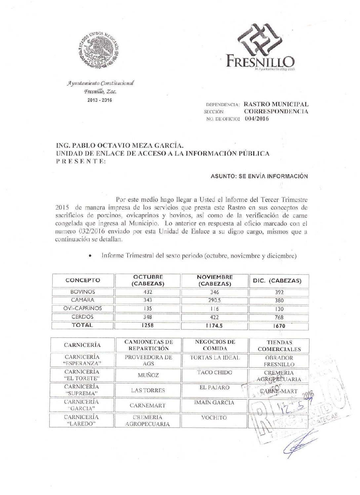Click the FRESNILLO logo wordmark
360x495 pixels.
(260, 61)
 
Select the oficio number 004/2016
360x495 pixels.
(257, 119)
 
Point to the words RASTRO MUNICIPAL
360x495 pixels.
(276, 104)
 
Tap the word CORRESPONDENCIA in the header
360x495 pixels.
(276, 111)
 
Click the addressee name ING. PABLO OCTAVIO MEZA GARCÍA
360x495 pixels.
(119, 145)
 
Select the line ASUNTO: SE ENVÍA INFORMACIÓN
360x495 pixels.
(259, 176)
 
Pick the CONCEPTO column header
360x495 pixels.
(83, 280)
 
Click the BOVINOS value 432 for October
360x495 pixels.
(148, 292)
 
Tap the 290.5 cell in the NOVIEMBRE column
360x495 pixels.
(214, 300)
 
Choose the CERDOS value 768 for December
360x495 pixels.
(279, 317)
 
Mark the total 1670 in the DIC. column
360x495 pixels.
(279, 326)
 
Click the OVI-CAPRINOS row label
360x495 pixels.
(83, 308)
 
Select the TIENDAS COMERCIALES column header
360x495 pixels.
(279, 346)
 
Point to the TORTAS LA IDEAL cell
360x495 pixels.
(215, 358)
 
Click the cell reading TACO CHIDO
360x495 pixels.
(215, 372)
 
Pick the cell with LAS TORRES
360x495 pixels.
(148, 390)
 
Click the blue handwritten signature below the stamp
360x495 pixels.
(299, 446)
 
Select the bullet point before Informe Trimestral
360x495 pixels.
(90, 256)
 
